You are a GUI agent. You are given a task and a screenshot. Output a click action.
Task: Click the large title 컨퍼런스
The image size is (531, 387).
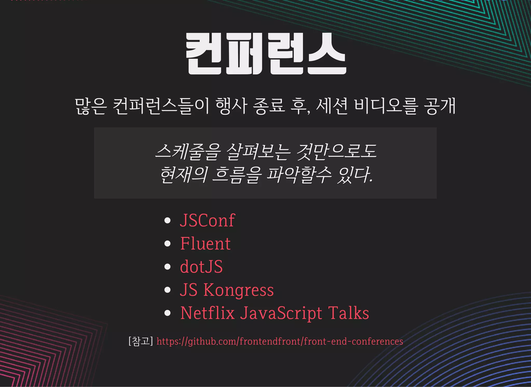[265, 54]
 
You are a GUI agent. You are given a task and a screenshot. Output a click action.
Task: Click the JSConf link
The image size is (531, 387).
[207, 220]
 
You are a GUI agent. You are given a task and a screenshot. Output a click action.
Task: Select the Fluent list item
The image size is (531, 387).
[205, 244]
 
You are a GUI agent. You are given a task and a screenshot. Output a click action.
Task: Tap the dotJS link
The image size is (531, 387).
[201, 267]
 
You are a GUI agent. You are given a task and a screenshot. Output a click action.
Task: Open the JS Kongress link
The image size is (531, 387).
[227, 290]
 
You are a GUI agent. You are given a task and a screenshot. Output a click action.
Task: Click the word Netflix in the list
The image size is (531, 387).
[207, 313]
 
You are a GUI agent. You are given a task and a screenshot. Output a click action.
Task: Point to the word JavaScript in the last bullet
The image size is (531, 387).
[281, 313]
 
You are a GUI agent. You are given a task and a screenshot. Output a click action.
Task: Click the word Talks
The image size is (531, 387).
[348, 313]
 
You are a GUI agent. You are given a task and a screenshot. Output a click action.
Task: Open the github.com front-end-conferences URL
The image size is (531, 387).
[280, 341]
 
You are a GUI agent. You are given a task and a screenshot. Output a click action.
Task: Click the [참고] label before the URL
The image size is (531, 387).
[141, 341]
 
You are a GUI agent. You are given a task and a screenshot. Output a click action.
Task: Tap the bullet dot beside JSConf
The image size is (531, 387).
[167, 221]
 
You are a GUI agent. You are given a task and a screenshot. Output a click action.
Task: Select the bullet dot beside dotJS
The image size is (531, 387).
[167, 267]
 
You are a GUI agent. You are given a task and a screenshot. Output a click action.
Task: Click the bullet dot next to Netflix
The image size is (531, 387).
[167, 313]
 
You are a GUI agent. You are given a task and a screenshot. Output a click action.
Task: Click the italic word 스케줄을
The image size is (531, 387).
[188, 151]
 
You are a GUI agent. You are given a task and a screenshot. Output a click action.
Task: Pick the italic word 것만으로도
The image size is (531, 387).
[336, 151]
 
